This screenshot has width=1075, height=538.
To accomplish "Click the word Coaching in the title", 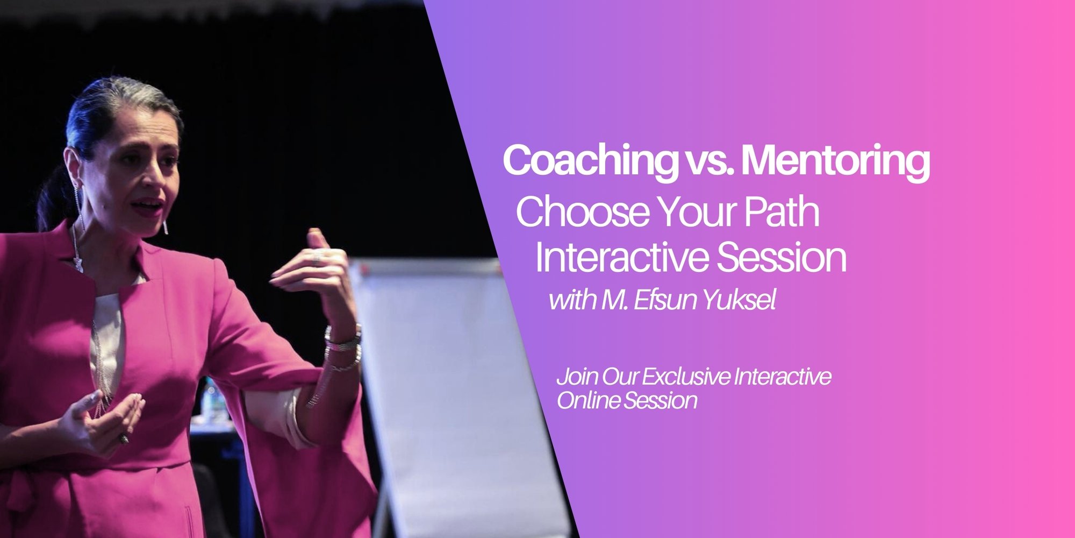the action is [x=591, y=161].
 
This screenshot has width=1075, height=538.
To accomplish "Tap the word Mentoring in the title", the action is [x=836, y=161].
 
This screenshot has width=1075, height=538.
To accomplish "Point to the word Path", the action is [x=782, y=211].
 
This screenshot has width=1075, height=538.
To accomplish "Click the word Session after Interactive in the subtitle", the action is [x=782, y=257].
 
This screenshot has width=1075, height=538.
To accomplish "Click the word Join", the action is [x=577, y=377].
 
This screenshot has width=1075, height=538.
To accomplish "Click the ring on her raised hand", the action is [x=318, y=258].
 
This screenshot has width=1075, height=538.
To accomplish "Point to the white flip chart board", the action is [x=451, y=387].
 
